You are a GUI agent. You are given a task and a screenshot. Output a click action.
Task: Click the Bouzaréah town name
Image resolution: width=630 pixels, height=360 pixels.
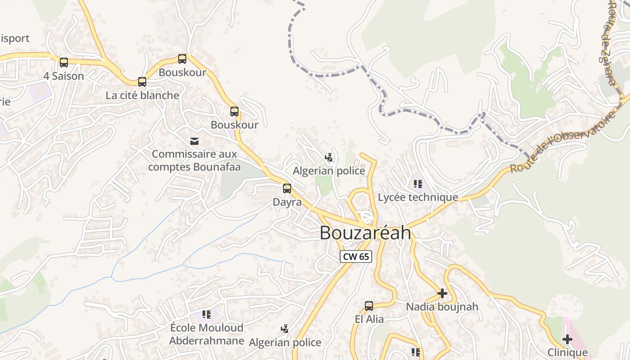pyautogui.click(x=365, y=233)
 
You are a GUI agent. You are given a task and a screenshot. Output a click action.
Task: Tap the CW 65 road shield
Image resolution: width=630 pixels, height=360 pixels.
pyautogui.click(x=355, y=256)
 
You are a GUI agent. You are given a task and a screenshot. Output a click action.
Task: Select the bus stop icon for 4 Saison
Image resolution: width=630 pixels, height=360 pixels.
pyautogui.click(x=64, y=63)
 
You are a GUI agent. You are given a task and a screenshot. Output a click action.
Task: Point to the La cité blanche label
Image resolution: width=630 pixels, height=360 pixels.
pyautogui.click(x=142, y=95)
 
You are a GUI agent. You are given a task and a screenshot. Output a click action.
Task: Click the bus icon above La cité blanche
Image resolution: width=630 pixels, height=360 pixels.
pyautogui.click(x=142, y=82)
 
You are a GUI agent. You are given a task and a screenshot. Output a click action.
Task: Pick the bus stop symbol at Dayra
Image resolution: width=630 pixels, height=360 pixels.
pyautogui.click(x=287, y=189)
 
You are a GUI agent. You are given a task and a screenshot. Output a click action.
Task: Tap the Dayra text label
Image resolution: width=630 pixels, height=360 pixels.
pyautogui.click(x=287, y=202)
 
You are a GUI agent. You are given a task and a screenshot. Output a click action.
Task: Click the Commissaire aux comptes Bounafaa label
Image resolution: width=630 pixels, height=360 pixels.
pyautogui.click(x=194, y=161)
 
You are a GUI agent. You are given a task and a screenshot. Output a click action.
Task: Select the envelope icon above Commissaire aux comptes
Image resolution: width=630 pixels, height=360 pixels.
pyautogui.click(x=194, y=141)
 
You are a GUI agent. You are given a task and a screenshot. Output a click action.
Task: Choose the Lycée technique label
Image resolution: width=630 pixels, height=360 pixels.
pyautogui.click(x=418, y=197)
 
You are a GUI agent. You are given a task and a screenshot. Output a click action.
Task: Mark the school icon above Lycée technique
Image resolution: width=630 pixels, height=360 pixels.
pyautogui.click(x=418, y=184)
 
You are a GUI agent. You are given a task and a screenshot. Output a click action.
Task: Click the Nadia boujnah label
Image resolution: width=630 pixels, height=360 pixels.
pyautogui.click(x=442, y=307)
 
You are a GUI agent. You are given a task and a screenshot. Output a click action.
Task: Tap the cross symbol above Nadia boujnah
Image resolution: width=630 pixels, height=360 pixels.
pyautogui.click(x=442, y=293)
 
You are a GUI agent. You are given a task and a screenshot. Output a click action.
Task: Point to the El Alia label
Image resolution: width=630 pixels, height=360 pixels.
pyautogui.click(x=369, y=319)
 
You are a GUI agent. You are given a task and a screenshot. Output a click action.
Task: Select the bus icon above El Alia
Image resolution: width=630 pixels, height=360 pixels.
pyautogui.click(x=369, y=306)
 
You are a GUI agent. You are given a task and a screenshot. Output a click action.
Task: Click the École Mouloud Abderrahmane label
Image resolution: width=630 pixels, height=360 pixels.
pyautogui.click(x=207, y=334)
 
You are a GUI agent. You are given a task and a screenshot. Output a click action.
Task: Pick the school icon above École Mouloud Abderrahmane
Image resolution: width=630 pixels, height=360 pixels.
pyautogui.click(x=207, y=314)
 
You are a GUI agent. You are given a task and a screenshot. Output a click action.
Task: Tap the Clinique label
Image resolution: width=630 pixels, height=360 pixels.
pyautogui.click(x=567, y=352)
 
